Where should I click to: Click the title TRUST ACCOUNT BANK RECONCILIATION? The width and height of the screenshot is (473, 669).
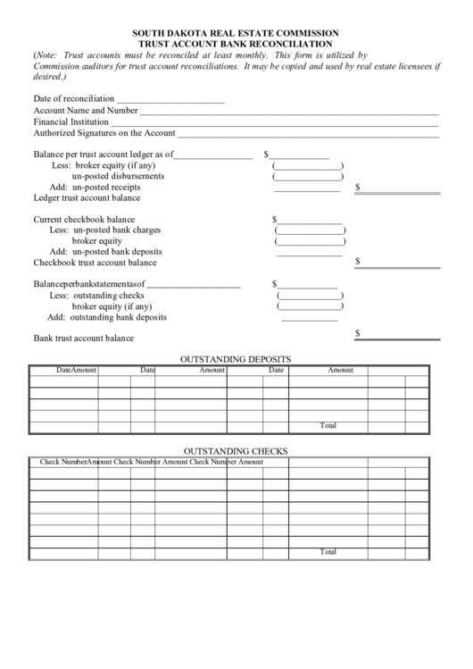236,44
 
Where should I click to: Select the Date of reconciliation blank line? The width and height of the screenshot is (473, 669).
170,99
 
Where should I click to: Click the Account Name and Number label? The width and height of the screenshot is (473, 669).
86,111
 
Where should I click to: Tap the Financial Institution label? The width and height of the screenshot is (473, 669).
71,121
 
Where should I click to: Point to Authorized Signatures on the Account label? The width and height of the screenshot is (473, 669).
104,133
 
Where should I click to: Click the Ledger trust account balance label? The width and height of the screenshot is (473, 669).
87,198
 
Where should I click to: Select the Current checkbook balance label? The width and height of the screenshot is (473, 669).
85,220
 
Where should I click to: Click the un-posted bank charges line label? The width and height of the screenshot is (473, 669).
116,230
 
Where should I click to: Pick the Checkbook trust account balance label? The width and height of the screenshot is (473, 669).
95,263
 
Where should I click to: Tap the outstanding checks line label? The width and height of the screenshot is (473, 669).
108,296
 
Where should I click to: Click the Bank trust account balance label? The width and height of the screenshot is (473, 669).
83,339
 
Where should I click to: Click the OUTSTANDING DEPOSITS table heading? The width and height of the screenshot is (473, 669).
236,359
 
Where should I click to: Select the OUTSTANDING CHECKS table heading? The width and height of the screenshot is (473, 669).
236,451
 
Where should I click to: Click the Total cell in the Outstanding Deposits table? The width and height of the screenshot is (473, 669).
328,426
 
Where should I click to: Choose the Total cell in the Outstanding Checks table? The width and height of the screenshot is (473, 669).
328,553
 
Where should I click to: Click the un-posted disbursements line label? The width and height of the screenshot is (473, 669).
118,177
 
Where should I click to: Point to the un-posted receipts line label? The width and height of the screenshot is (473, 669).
106,188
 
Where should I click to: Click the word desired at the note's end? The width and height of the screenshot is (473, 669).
49,77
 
